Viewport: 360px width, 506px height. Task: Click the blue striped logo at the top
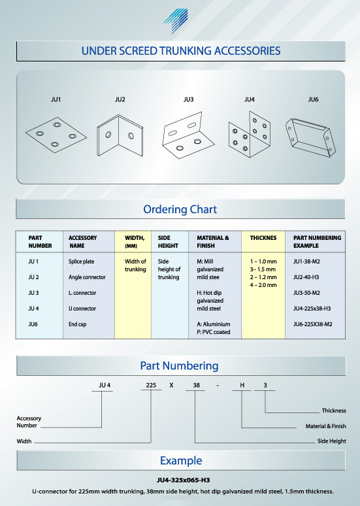click(176, 21)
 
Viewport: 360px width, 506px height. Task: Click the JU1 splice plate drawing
click(56, 135)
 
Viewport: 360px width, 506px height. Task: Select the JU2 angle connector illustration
click(120, 135)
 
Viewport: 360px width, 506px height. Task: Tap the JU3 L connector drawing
click(188, 135)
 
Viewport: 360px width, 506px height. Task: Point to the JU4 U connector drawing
click(250, 135)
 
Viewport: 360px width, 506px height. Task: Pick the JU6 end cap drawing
click(310, 137)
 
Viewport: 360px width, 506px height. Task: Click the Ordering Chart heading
click(180, 209)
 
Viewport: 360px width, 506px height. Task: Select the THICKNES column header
click(263, 238)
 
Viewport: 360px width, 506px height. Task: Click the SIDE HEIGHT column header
click(168, 242)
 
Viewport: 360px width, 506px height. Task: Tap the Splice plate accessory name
click(81, 261)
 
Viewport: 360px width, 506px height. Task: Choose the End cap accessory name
click(77, 324)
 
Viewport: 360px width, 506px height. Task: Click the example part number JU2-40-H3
click(306, 277)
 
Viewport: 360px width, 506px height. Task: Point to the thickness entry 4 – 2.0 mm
click(263, 285)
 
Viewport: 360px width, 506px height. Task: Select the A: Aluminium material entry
click(214, 324)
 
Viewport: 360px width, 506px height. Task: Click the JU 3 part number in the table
click(33, 293)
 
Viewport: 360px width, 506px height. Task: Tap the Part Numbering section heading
click(180, 365)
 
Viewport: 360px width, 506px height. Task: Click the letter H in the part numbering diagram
click(242, 385)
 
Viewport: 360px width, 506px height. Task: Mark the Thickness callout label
click(334, 411)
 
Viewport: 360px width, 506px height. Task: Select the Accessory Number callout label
click(29, 422)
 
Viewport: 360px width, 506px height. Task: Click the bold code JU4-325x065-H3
click(183, 481)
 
